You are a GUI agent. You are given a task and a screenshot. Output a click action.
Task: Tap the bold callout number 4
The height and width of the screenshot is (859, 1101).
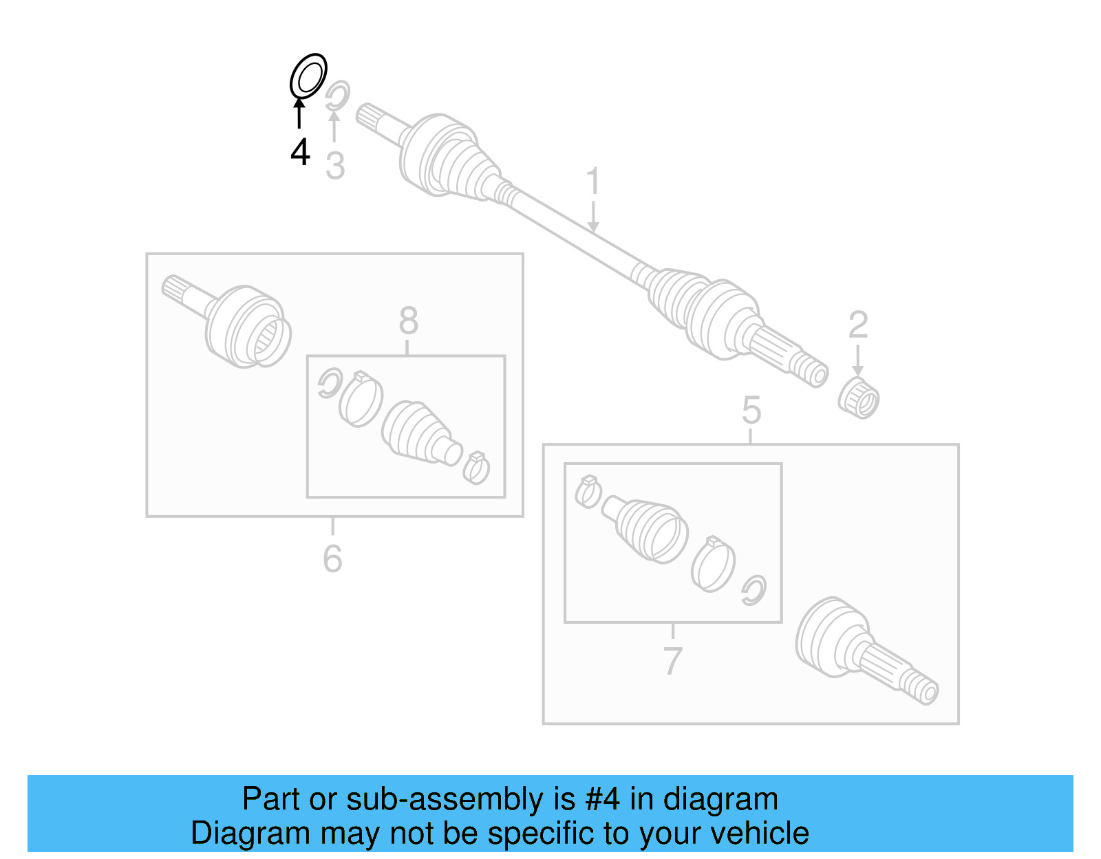[300, 152]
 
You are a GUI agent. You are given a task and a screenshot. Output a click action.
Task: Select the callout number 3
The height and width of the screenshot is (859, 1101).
[335, 166]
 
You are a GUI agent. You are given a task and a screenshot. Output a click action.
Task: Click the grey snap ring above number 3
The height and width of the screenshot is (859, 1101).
[337, 95]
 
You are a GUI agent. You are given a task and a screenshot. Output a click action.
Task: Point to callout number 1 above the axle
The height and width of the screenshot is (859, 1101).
[592, 182]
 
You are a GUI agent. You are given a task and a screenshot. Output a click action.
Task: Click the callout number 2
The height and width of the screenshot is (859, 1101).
[858, 325]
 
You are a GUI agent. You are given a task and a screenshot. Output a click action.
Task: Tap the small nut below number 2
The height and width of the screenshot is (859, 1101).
[859, 398]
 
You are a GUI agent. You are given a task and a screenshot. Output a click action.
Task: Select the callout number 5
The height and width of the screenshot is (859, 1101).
[751, 411]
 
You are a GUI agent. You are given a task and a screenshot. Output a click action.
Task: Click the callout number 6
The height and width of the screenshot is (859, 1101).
[332, 558]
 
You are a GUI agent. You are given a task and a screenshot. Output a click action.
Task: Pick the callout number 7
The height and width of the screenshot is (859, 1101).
[672, 661]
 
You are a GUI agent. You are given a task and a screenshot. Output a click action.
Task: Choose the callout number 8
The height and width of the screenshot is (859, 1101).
[408, 321]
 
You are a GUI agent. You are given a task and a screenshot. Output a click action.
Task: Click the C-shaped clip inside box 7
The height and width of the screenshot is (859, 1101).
[753, 590]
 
